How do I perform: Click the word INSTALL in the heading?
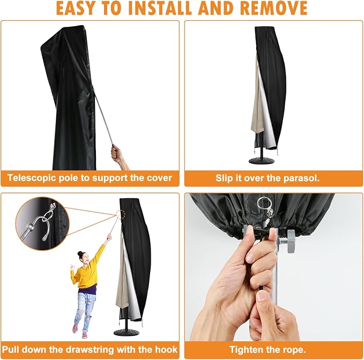click(x=159, y=9)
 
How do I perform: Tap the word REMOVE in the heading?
click(x=274, y=9)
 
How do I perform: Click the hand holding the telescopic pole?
click(x=118, y=156)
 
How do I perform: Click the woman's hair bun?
click(x=80, y=253)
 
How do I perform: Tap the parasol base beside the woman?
click(x=127, y=333)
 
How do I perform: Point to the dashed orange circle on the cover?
click(x=122, y=214)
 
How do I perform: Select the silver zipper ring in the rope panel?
click(x=264, y=204)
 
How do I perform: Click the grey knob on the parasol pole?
click(x=291, y=241)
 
